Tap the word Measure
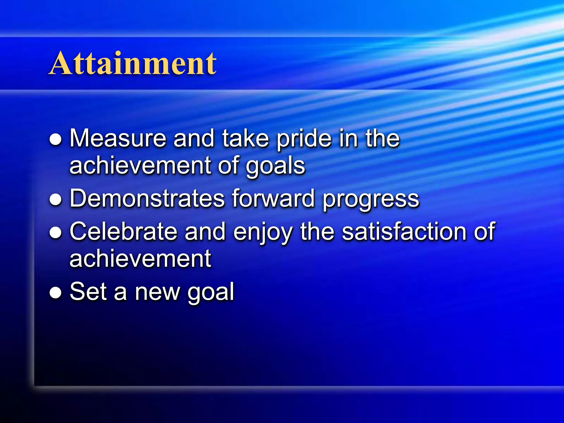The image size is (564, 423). pyautogui.click(x=118, y=138)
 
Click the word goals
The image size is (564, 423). pyautogui.click(x=275, y=166)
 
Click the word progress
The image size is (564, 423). pyautogui.click(x=371, y=199)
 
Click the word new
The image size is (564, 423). pyautogui.click(x=157, y=292)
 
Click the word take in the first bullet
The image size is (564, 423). pyautogui.click(x=245, y=138)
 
